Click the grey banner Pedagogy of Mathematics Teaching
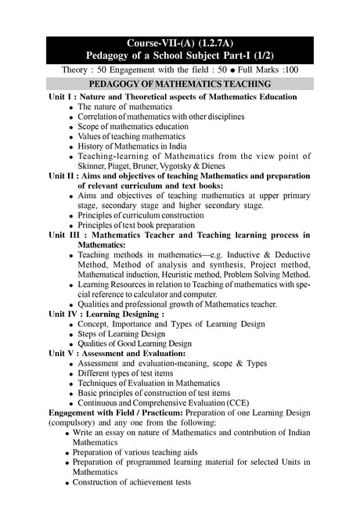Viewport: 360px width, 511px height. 180,84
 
